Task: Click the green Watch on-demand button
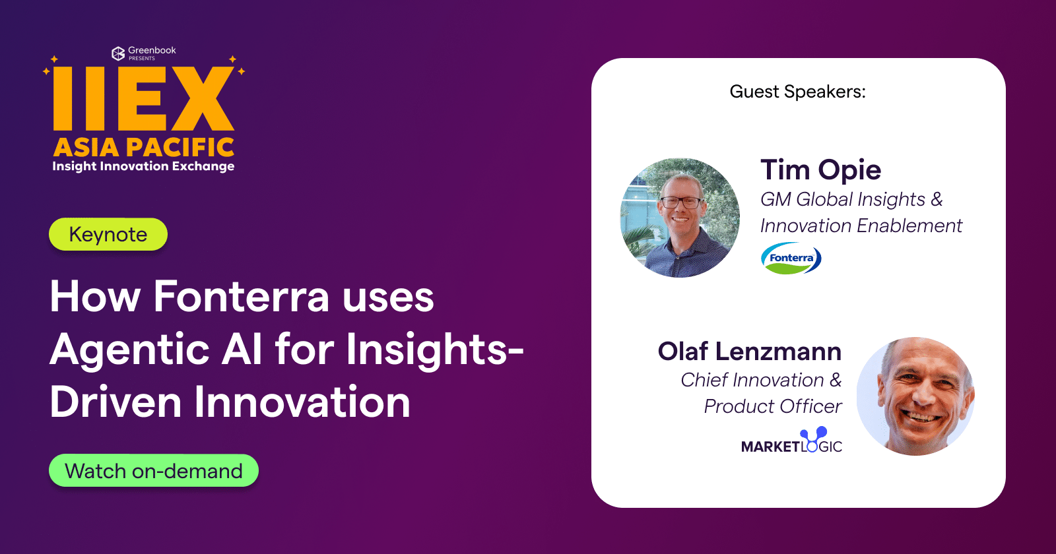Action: click(153, 471)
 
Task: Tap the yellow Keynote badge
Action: click(108, 235)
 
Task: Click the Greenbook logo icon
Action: click(118, 53)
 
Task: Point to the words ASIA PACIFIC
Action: click(144, 147)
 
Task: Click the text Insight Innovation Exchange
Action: click(143, 166)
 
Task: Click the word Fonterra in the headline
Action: click(241, 297)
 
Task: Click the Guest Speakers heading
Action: click(797, 92)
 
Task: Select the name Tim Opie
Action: click(820, 170)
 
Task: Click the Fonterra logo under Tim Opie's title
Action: click(791, 259)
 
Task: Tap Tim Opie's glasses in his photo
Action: click(681, 202)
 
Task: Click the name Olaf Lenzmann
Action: click(749, 352)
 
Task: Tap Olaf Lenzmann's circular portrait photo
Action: click(916, 396)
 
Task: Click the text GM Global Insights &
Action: click(851, 199)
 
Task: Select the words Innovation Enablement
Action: click(861, 226)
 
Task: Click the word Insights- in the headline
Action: click(435, 350)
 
